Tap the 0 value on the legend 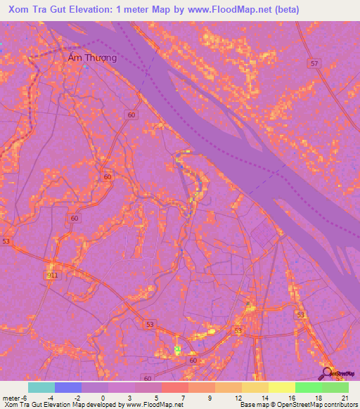(103, 397)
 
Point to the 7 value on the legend (182, 397)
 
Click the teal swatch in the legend (41, 387)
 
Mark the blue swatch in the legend (67, 387)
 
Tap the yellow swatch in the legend (281, 387)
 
